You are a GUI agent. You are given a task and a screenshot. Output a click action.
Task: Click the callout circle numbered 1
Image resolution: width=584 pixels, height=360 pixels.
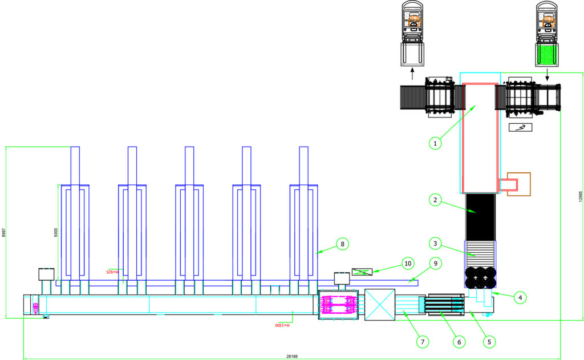pos(435,143)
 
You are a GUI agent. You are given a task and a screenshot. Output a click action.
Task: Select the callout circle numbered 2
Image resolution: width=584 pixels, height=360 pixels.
pos(435,200)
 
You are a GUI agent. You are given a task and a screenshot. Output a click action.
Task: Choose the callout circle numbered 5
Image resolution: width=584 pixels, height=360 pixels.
pos(488,341)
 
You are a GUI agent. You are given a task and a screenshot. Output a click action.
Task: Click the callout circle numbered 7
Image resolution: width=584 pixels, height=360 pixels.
pos(422,341)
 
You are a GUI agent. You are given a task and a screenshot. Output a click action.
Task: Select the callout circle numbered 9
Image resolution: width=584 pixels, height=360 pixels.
pos(436,264)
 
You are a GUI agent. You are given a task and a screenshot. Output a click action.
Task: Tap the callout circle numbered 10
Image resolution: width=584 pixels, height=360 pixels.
pos(407,264)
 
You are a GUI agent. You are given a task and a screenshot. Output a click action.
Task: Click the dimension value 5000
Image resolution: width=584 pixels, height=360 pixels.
pos(56,233)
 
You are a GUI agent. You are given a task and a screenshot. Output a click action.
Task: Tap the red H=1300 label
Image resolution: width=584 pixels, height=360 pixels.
pos(281,325)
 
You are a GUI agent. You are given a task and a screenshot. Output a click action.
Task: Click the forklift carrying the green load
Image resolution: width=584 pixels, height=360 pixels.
pos(547,34)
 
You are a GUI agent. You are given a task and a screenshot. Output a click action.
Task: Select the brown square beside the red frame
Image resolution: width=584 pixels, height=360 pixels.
pos(518,184)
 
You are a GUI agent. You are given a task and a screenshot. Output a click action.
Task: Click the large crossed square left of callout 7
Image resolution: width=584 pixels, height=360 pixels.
pos(379,305)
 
